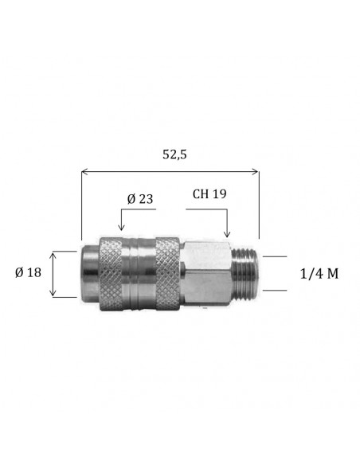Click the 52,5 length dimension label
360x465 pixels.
click(174, 154)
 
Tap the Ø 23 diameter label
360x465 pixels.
click(140, 199)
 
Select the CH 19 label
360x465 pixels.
click(209, 194)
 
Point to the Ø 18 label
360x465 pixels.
click(28, 272)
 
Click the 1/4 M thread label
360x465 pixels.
click(319, 274)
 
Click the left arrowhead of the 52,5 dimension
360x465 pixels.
click(84, 171)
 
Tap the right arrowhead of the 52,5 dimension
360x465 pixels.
click(256, 171)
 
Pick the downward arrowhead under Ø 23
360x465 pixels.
click(121, 228)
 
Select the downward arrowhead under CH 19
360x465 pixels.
click(227, 234)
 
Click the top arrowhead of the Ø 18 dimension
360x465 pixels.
click(53, 255)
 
